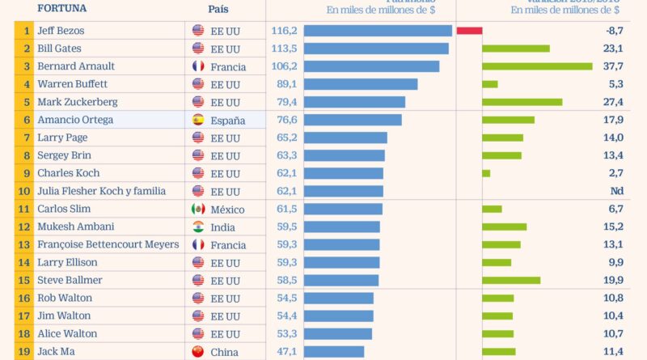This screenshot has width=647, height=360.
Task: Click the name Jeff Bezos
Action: click(61, 31)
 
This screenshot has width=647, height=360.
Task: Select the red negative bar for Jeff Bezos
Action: click(469, 31)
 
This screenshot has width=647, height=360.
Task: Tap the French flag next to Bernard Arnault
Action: click(198, 66)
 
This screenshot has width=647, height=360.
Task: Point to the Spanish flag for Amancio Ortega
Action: click(198, 120)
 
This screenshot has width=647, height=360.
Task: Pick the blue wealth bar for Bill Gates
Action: click(376, 49)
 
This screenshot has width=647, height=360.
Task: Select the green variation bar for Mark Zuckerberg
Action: click(522, 102)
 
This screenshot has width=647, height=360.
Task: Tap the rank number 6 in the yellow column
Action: click(27, 120)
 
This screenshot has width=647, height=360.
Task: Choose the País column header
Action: click(218, 10)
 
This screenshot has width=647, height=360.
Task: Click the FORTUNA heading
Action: click(61, 10)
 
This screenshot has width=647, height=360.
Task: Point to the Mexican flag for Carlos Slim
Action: click(198, 209)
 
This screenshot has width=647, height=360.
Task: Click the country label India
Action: click(222, 227)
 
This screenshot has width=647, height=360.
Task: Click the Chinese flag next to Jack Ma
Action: click(198, 351)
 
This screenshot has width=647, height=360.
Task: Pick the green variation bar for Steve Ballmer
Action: click(511, 280)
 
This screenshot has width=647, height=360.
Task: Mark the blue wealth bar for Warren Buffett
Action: click(361, 84)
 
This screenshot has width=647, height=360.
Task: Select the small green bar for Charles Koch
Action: click(486, 173)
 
